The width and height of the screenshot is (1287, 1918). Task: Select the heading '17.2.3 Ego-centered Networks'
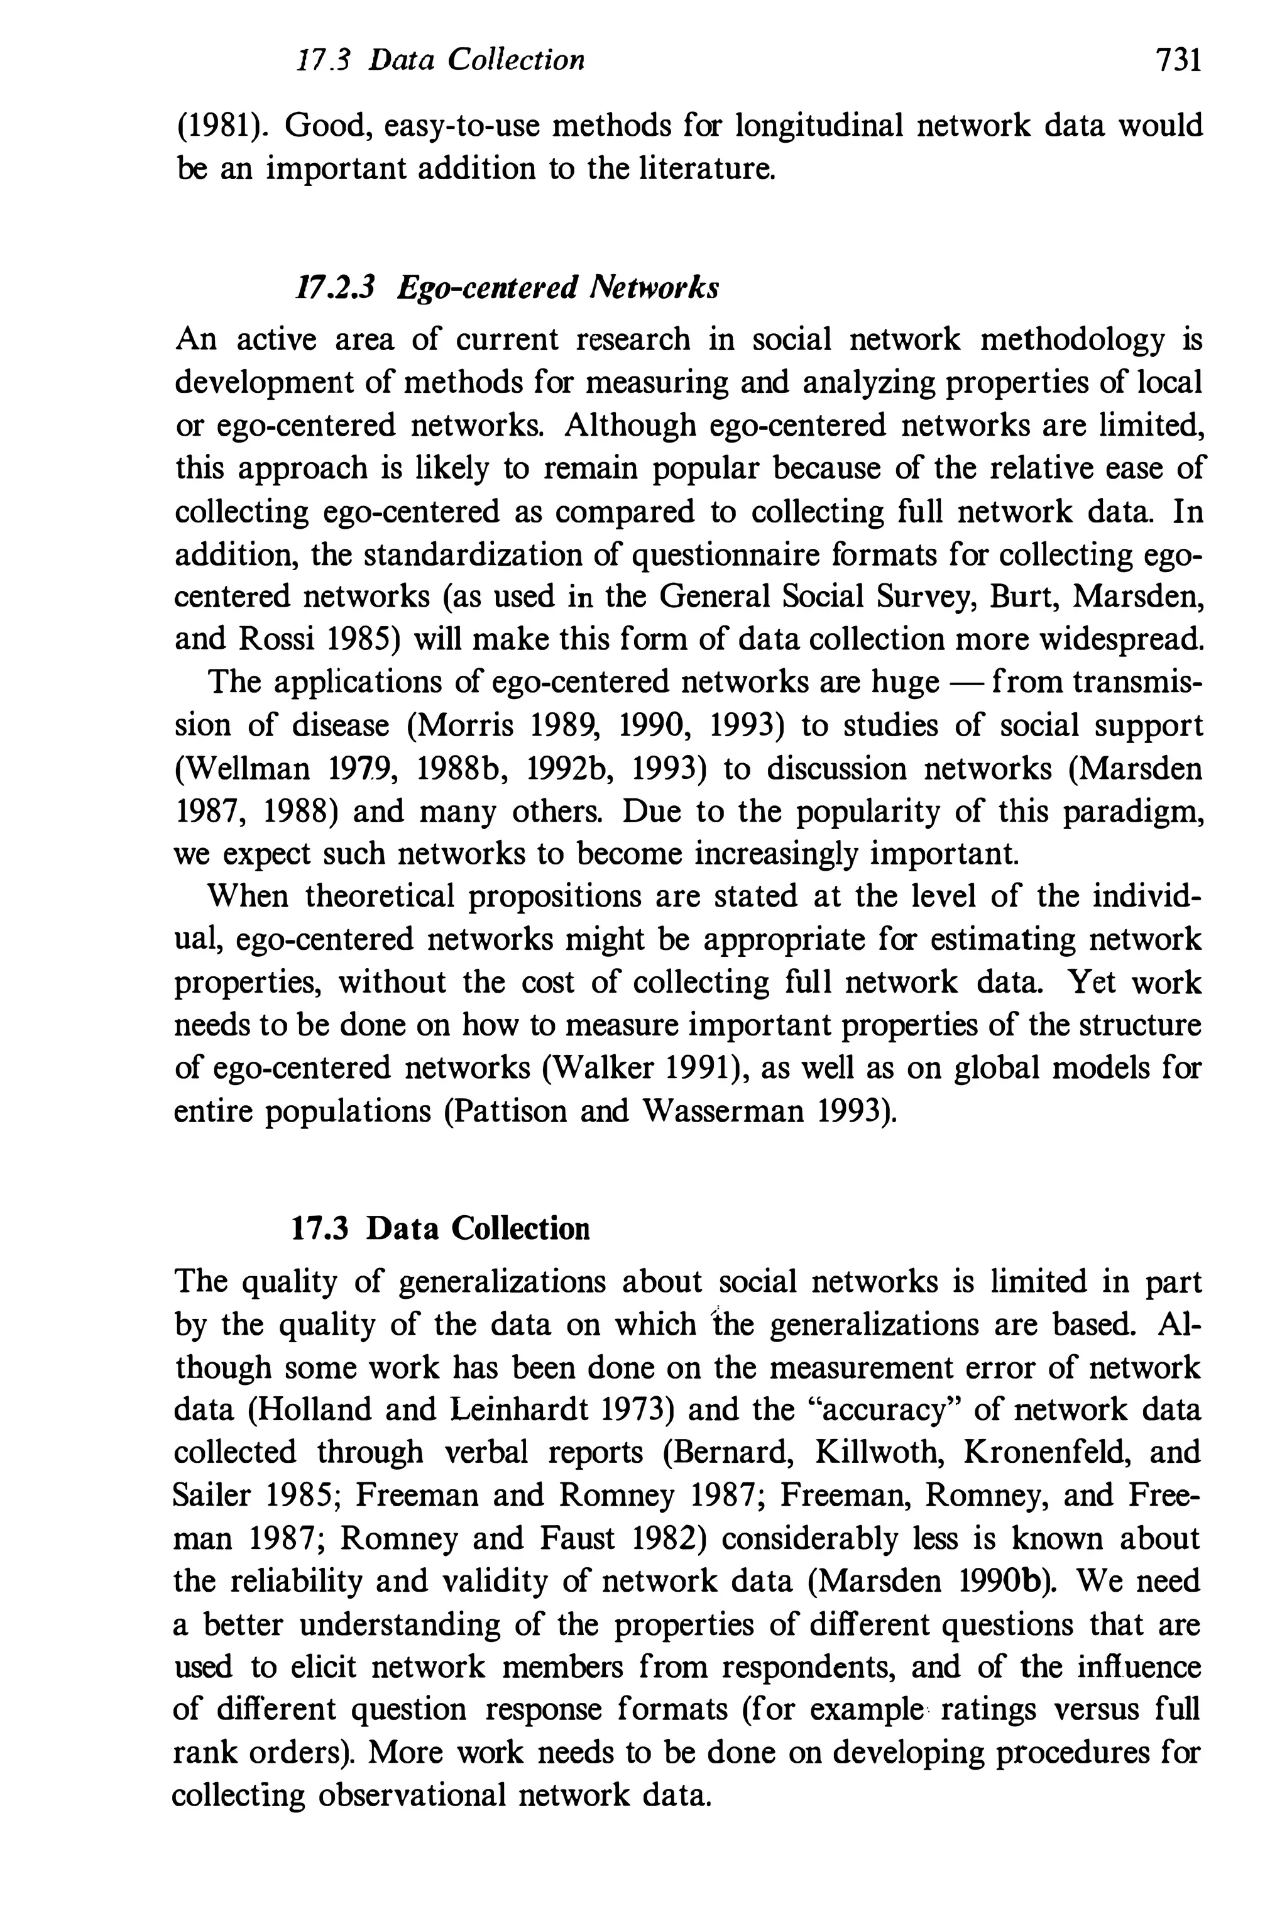506,287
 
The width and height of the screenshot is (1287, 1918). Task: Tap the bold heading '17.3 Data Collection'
441,1228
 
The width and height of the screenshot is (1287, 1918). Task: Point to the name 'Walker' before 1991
606,1067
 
